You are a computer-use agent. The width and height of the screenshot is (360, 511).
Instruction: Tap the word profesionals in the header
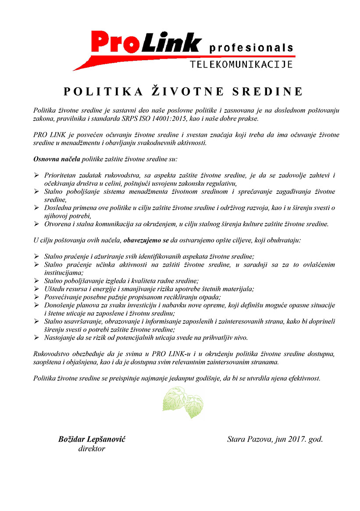pyautogui.click(x=251, y=47)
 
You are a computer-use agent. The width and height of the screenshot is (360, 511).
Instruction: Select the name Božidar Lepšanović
pyautogui.click(x=92, y=439)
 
